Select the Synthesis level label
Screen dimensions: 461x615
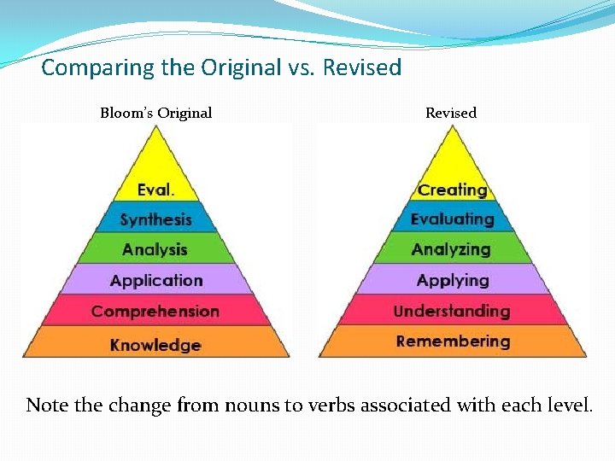click(155, 219)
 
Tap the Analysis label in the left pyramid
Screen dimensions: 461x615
click(155, 249)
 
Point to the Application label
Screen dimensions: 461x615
click(156, 280)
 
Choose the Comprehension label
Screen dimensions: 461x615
click(155, 311)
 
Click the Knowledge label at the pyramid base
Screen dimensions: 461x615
click(155, 345)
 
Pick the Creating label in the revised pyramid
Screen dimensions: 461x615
click(452, 190)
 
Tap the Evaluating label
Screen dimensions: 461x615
click(452, 219)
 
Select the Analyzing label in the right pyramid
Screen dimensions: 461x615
click(451, 249)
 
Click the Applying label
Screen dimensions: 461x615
click(452, 280)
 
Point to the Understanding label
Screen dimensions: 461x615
click(452, 311)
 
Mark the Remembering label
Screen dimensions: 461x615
click(453, 341)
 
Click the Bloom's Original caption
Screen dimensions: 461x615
click(155, 113)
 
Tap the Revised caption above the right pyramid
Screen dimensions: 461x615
click(451, 113)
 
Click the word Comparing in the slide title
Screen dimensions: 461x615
click(90, 67)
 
